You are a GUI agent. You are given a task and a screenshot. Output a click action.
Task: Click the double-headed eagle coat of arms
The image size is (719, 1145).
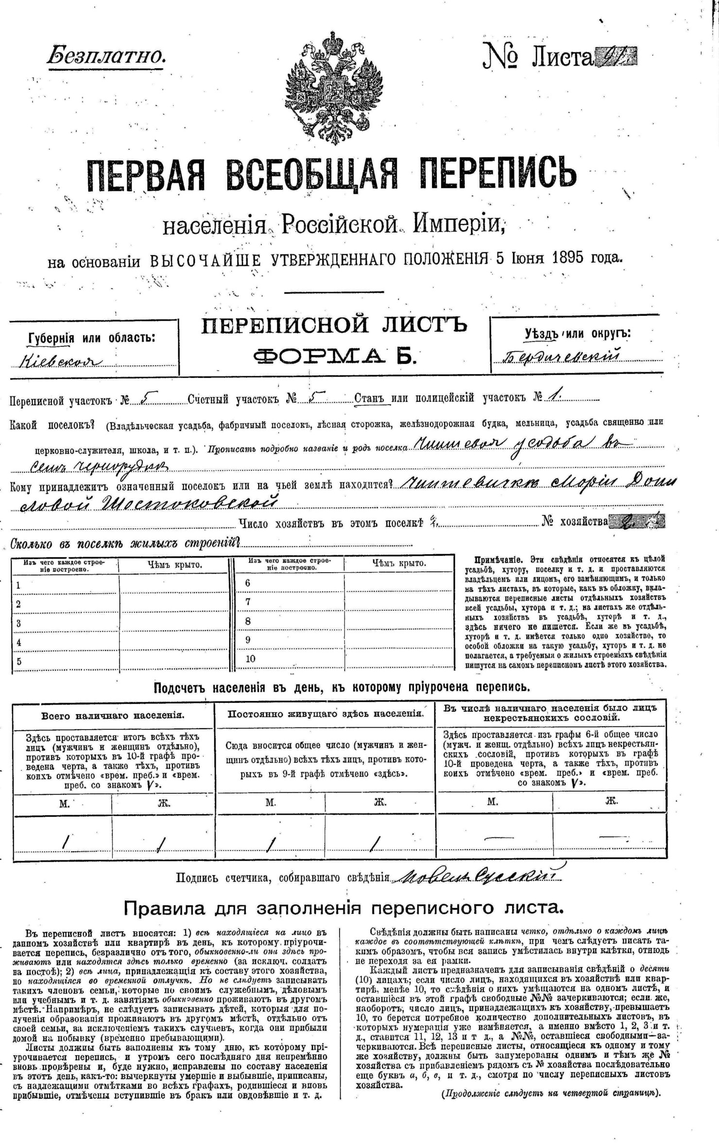pos(334,88)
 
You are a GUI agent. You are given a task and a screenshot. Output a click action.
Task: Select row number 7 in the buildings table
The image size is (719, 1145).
pos(248,602)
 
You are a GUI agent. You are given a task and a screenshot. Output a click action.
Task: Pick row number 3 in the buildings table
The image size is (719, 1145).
pos(18,623)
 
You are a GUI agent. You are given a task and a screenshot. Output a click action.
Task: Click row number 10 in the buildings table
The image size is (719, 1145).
pos(250,659)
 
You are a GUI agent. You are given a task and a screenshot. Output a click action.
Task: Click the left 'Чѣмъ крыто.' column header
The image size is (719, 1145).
pos(175,564)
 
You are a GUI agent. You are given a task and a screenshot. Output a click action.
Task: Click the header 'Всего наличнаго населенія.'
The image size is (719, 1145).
pos(113,716)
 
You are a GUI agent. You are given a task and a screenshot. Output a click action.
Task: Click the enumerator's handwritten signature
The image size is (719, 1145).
pos(479,875)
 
